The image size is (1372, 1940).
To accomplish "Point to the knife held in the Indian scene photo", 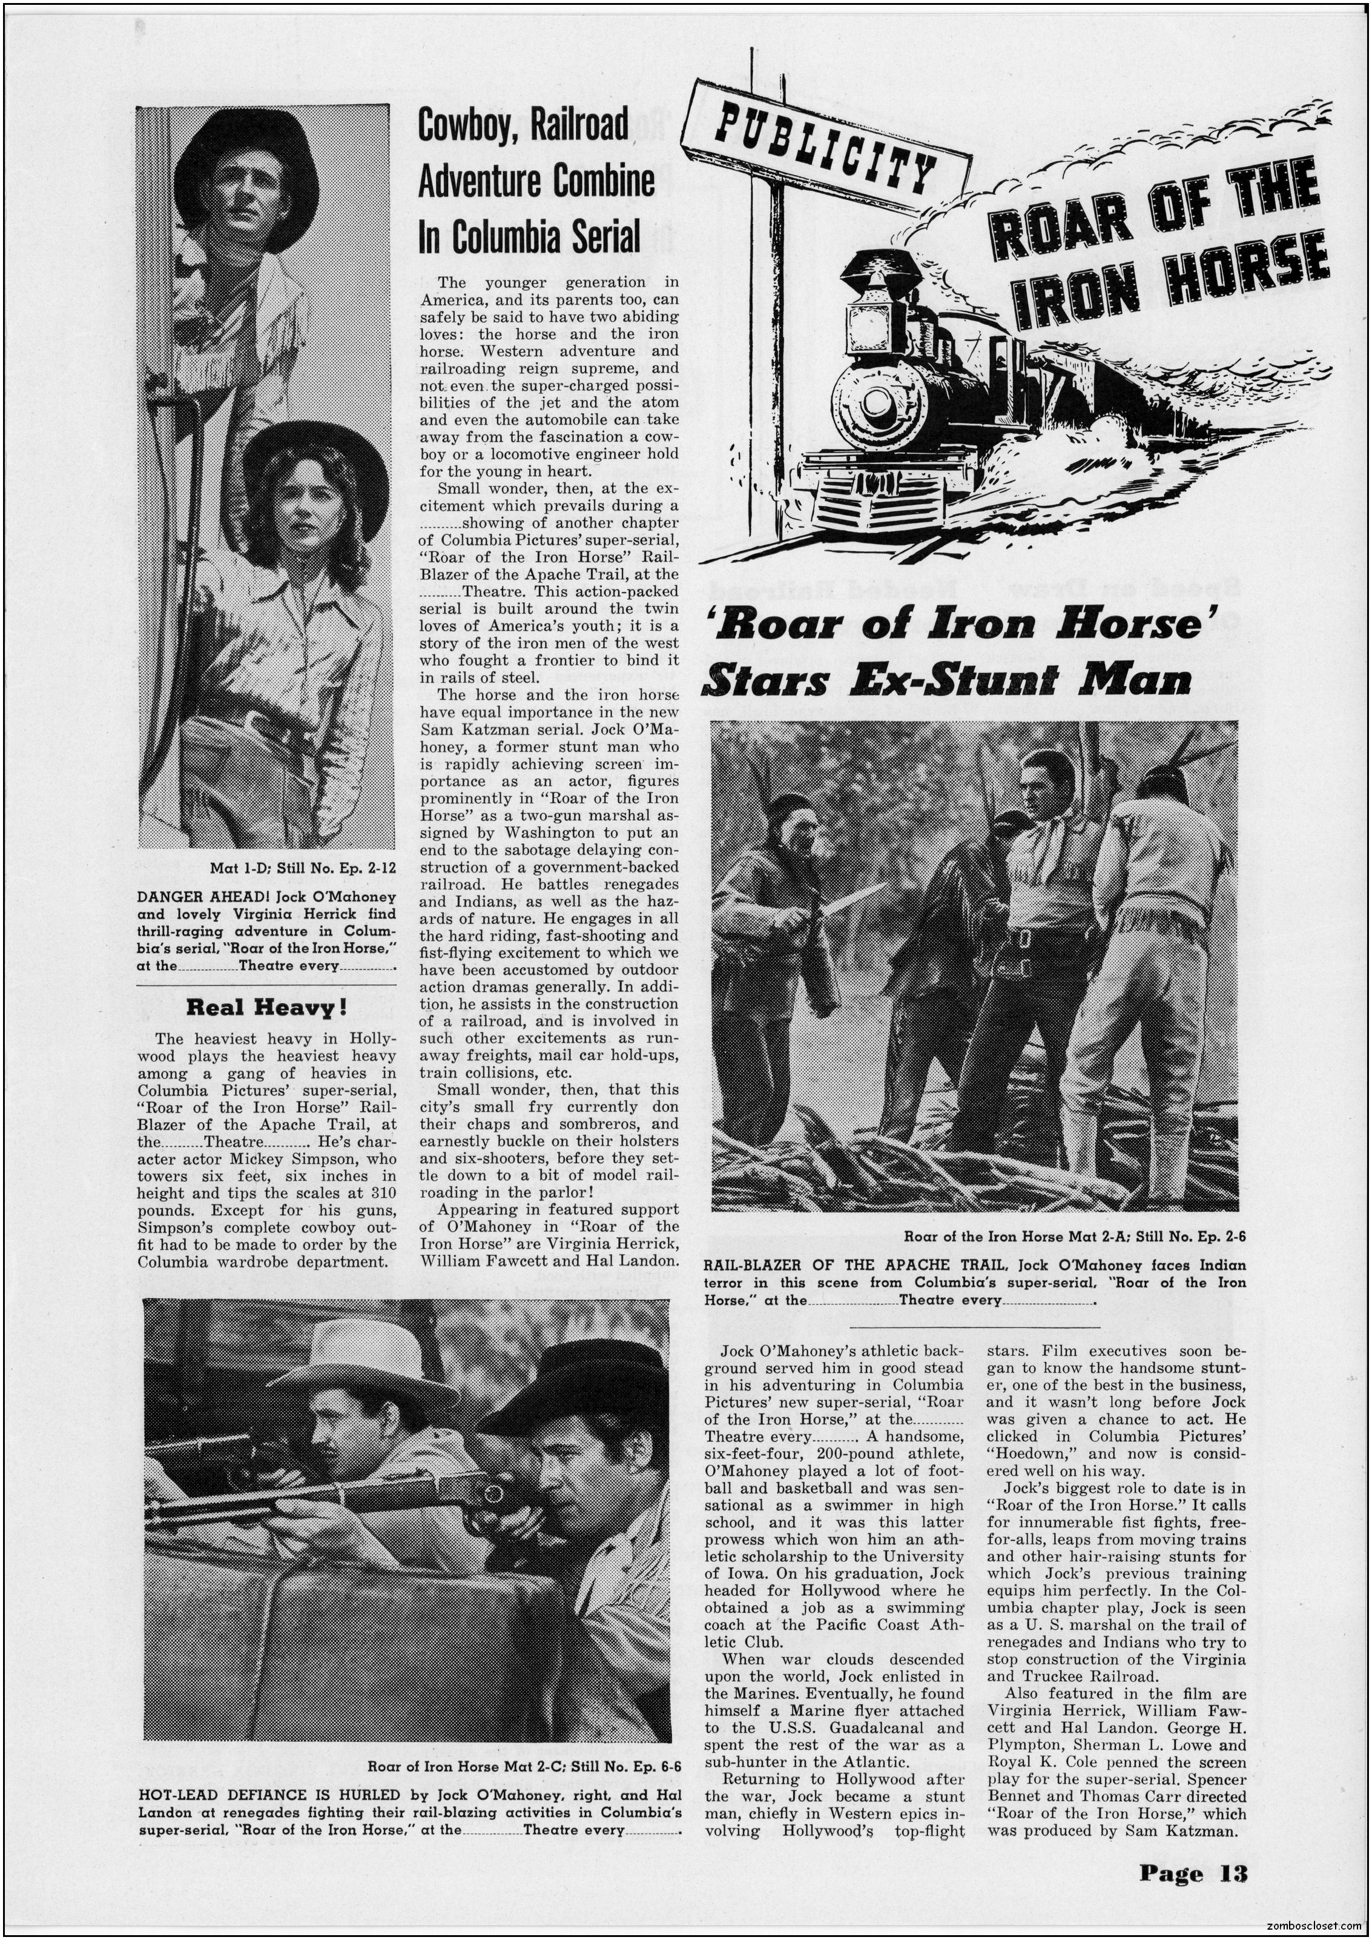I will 853,898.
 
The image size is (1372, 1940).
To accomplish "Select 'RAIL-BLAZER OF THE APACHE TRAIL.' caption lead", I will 857,1266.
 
